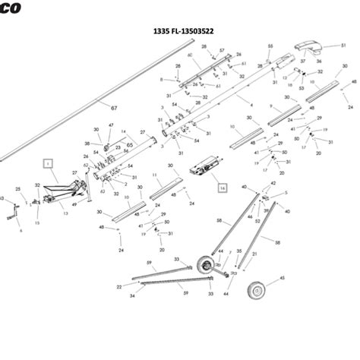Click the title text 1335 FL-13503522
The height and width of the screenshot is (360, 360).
click(x=183, y=33)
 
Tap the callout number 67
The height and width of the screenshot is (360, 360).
click(x=114, y=109)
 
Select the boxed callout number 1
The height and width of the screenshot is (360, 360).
click(x=46, y=163)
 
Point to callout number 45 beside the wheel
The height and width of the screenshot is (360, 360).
click(x=283, y=279)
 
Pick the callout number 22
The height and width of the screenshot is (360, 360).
click(x=119, y=287)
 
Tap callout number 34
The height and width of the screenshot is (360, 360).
click(x=132, y=295)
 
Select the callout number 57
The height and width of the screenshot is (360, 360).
click(x=222, y=50)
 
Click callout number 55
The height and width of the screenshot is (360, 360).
click(x=270, y=47)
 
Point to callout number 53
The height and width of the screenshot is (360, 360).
click(x=322, y=89)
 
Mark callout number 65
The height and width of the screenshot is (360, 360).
click(x=130, y=145)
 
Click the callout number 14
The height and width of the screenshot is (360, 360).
click(x=123, y=132)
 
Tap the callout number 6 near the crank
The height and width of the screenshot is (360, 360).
click(x=21, y=230)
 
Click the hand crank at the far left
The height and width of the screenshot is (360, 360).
click(x=11, y=216)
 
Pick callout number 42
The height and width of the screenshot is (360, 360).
click(x=273, y=184)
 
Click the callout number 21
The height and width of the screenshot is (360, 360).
click(x=254, y=254)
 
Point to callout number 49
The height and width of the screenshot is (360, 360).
click(x=74, y=204)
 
